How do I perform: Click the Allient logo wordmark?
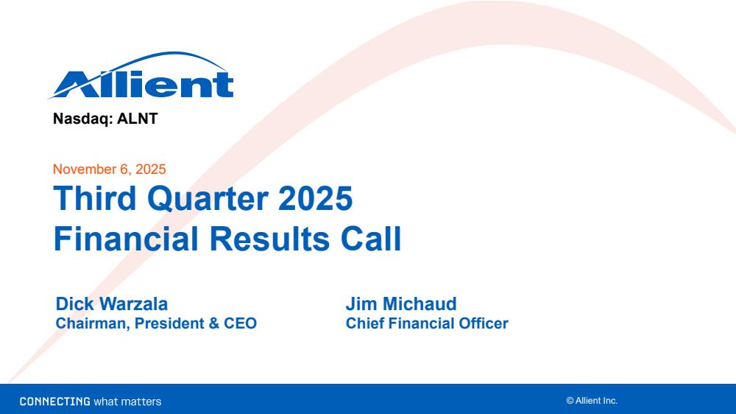click(x=141, y=75)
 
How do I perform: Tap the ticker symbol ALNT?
click(x=137, y=119)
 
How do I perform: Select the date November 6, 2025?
click(x=110, y=169)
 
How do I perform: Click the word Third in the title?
click(x=95, y=198)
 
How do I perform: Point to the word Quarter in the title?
click(x=208, y=199)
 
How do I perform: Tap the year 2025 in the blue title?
click(x=315, y=198)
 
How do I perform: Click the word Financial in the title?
click(x=126, y=239)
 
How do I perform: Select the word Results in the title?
click(x=269, y=239)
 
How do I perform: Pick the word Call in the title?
click(x=371, y=239)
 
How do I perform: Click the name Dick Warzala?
click(x=112, y=304)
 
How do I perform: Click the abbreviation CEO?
click(x=241, y=323)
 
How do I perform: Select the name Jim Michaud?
click(x=401, y=304)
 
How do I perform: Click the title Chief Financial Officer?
click(x=427, y=323)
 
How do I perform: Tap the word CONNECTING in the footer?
click(x=55, y=401)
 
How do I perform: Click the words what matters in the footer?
click(x=127, y=401)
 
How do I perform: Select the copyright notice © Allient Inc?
click(x=592, y=401)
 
